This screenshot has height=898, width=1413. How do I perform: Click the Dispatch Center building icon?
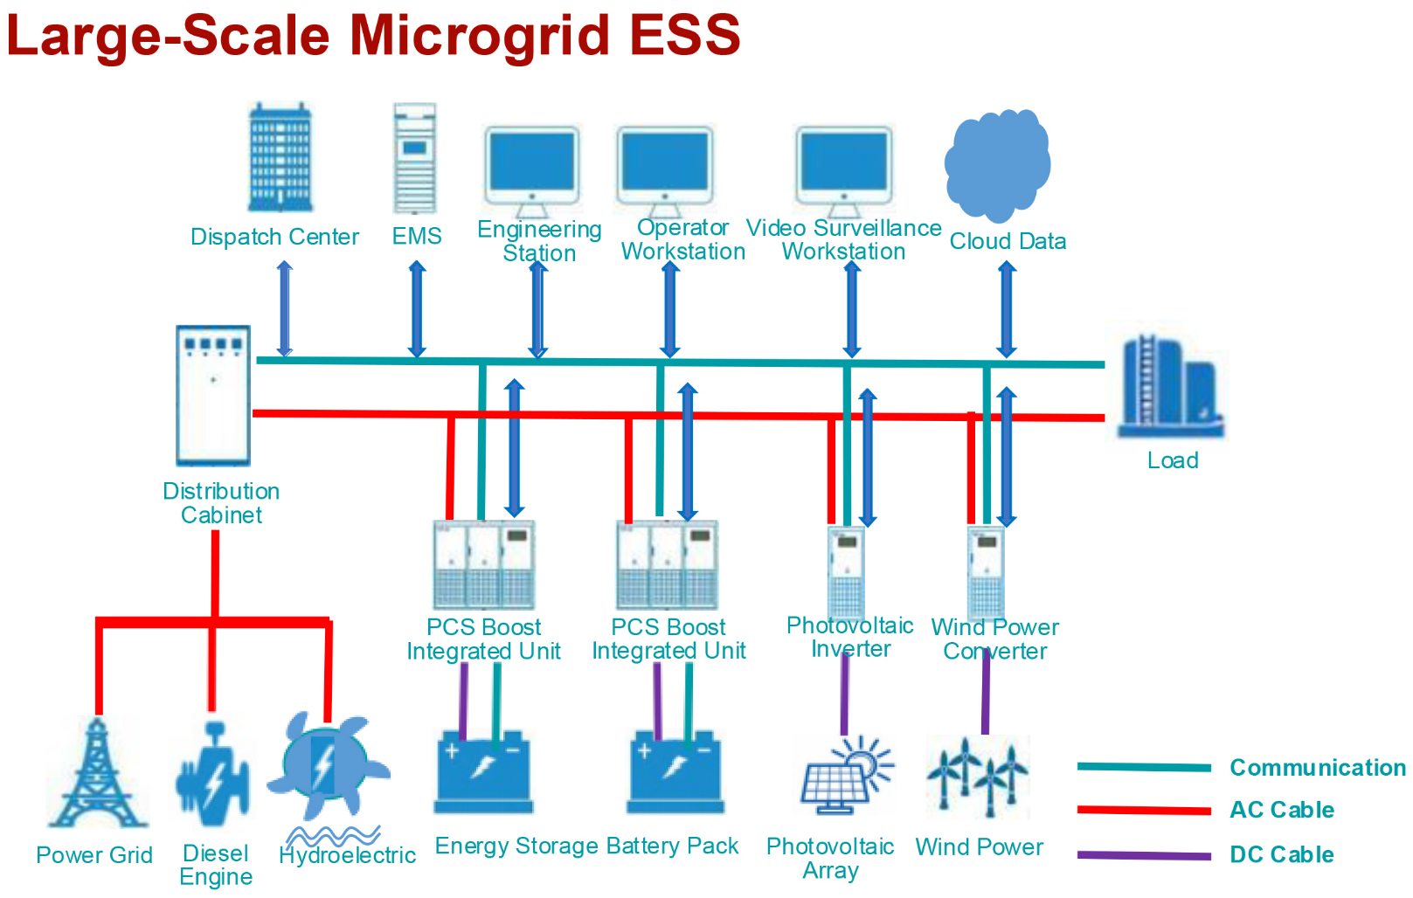(281, 158)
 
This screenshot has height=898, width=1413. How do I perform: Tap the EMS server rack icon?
(415, 158)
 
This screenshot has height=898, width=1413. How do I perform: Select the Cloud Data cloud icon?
(998, 163)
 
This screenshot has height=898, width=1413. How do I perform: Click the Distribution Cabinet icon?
(213, 395)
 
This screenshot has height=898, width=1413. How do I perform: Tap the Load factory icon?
(1168, 388)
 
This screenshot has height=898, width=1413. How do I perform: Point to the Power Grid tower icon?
(97, 774)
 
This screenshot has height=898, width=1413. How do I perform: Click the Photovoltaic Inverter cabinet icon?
(846, 572)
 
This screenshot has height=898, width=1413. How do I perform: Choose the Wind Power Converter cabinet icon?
(986, 572)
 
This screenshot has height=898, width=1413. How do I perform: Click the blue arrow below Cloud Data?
(1007, 310)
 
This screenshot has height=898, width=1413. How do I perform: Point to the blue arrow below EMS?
(418, 310)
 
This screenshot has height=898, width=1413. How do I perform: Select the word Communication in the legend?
(1317, 768)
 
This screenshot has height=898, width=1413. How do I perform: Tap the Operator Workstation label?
(682, 239)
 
